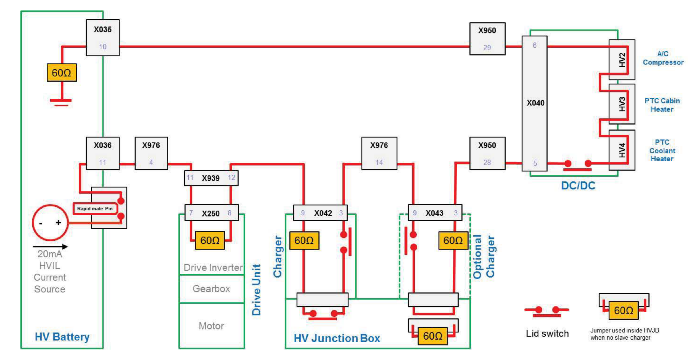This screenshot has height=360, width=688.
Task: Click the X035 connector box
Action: pyautogui.click(x=103, y=37)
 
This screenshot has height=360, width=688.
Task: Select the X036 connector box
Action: pyautogui.click(x=103, y=153)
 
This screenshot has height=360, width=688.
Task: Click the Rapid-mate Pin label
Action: pyautogui.click(x=95, y=209)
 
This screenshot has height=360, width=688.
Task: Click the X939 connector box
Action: pyautogui.click(x=211, y=178)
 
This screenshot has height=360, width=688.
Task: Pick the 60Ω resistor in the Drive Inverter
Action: pyautogui.click(x=210, y=240)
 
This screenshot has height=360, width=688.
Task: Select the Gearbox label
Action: pyautogui.click(x=211, y=289)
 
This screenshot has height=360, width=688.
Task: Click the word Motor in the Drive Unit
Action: pyautogui.click(x=211, y=326)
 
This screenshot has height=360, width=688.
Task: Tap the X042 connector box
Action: pyautogui.click(x=320, y=213)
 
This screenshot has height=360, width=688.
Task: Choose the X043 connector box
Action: pyautogui.click(x=435, y=213)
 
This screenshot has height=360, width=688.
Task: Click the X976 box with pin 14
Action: pyautogui.click(x=379, y=153)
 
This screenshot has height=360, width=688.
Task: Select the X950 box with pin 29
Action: pyautogui.click(x=487, y=39)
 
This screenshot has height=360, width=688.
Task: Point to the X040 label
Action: pyautogui.click(x=536, y=103)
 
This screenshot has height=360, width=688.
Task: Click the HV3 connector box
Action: pyautogui.click(x=622, y=104)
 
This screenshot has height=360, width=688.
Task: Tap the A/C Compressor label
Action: pyautogui.click(x=663, y=58)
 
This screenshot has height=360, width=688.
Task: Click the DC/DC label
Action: pyautogui.click(x=578, y=185)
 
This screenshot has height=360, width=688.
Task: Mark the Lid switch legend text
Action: pyautogui.click(x=547, y=334)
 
